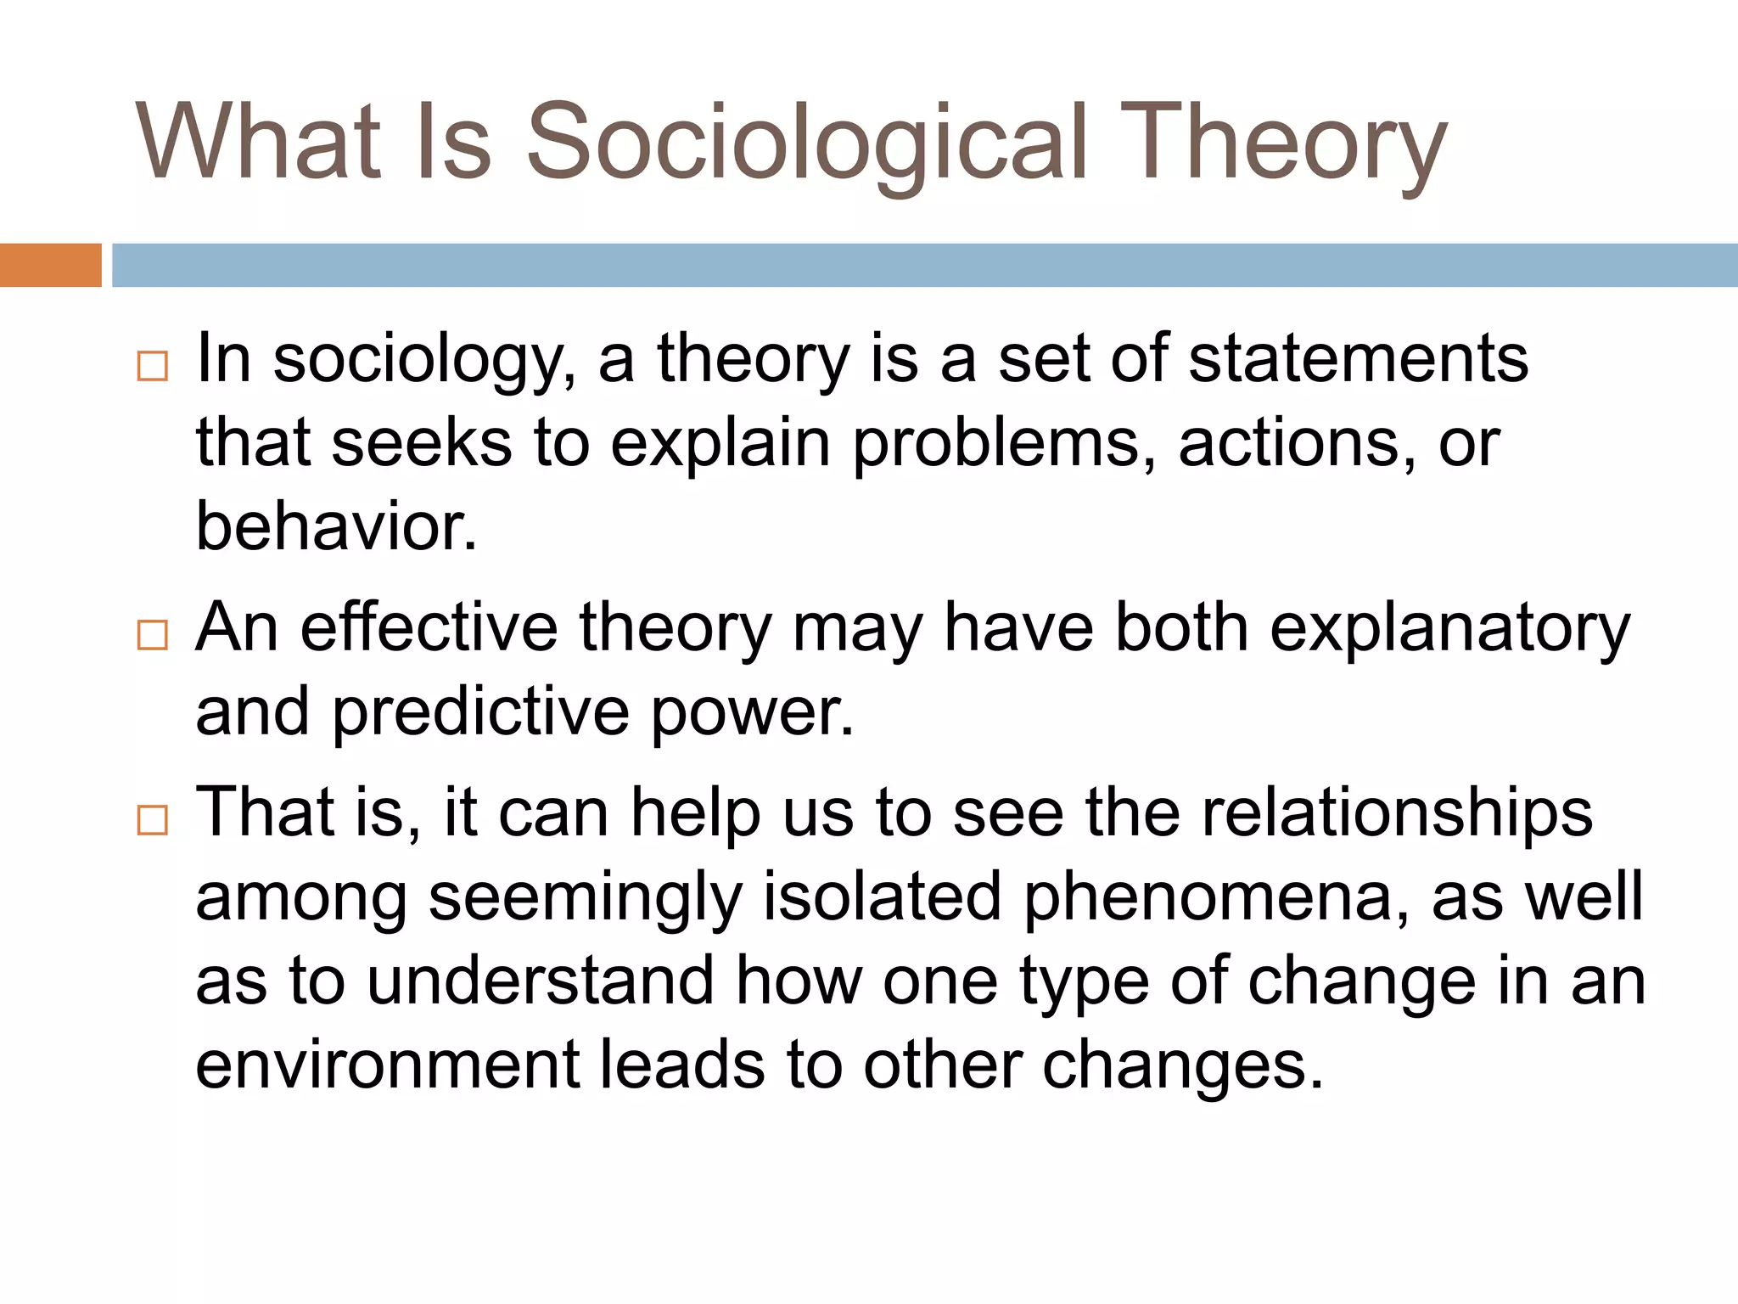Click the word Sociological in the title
click(x=806, y=143)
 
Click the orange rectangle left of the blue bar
click(x=50, y=265)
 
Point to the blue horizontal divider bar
click(x=925, y=265)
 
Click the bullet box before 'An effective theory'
click(x=153, y=634)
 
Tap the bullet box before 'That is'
click(x=153, y=820)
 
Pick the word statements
click(x=1358, y=358)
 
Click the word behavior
click(x=336, y=526)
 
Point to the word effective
click(x=429, y=628)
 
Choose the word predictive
click(x=480, y=711)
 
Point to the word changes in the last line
click(x=1182, y=1066)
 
